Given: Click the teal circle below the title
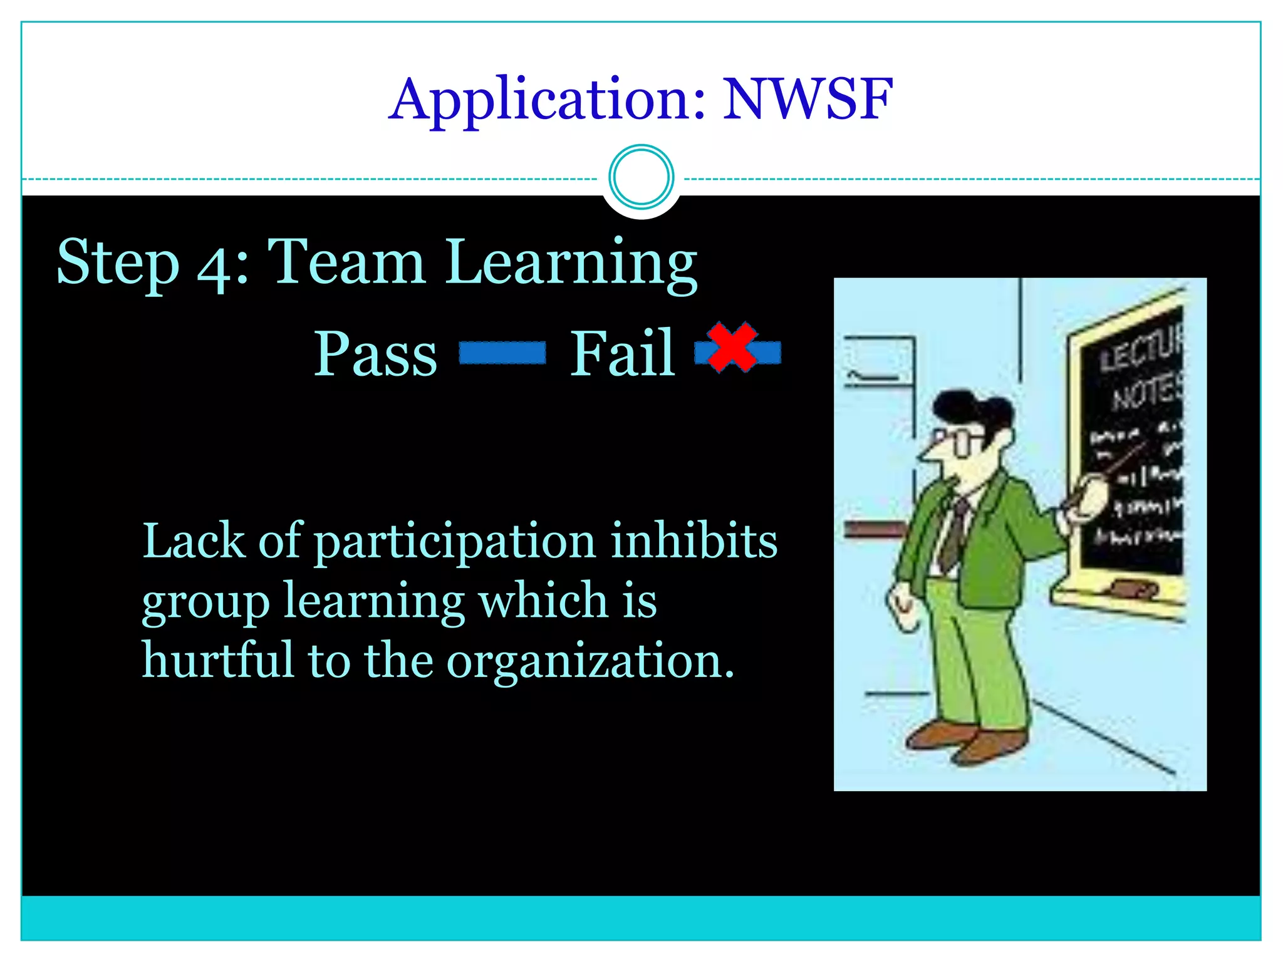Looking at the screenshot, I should (x=641, y=177).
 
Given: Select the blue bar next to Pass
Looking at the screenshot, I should (x=502, y=353).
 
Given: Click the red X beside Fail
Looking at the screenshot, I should (x=732, y=347).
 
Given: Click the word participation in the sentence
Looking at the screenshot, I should (x=454, y=542).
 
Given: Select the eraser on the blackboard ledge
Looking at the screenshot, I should (x=1133, y=589).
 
